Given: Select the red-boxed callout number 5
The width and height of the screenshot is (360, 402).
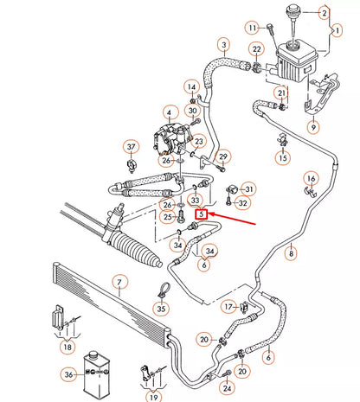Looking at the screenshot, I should point(201,214).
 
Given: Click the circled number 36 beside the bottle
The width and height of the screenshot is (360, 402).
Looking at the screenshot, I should point(68,374).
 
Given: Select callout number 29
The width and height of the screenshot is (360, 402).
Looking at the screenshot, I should point(222,156).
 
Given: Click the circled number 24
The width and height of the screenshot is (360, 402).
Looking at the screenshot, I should point(228,388).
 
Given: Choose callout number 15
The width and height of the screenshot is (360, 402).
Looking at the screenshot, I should point(283,157).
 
